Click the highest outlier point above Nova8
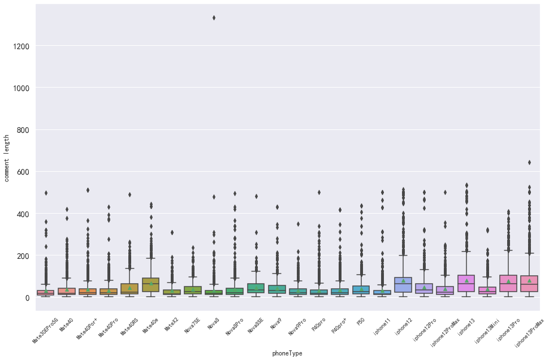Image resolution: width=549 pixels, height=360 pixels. click(x=214, y=18)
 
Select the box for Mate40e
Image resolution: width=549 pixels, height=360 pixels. click(x=150, y=285)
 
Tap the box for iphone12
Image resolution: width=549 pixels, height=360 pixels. click(x=403, y=285)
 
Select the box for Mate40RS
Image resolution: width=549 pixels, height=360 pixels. click(x=129, y=289)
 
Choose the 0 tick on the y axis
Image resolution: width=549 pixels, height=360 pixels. click(x=27, y=298)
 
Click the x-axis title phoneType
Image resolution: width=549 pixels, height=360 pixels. click(x=287, y=353)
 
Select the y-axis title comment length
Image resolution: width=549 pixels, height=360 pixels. click(x=7, y=158)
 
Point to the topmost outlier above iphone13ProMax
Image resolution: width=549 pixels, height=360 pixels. click(x=529, y=163)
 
